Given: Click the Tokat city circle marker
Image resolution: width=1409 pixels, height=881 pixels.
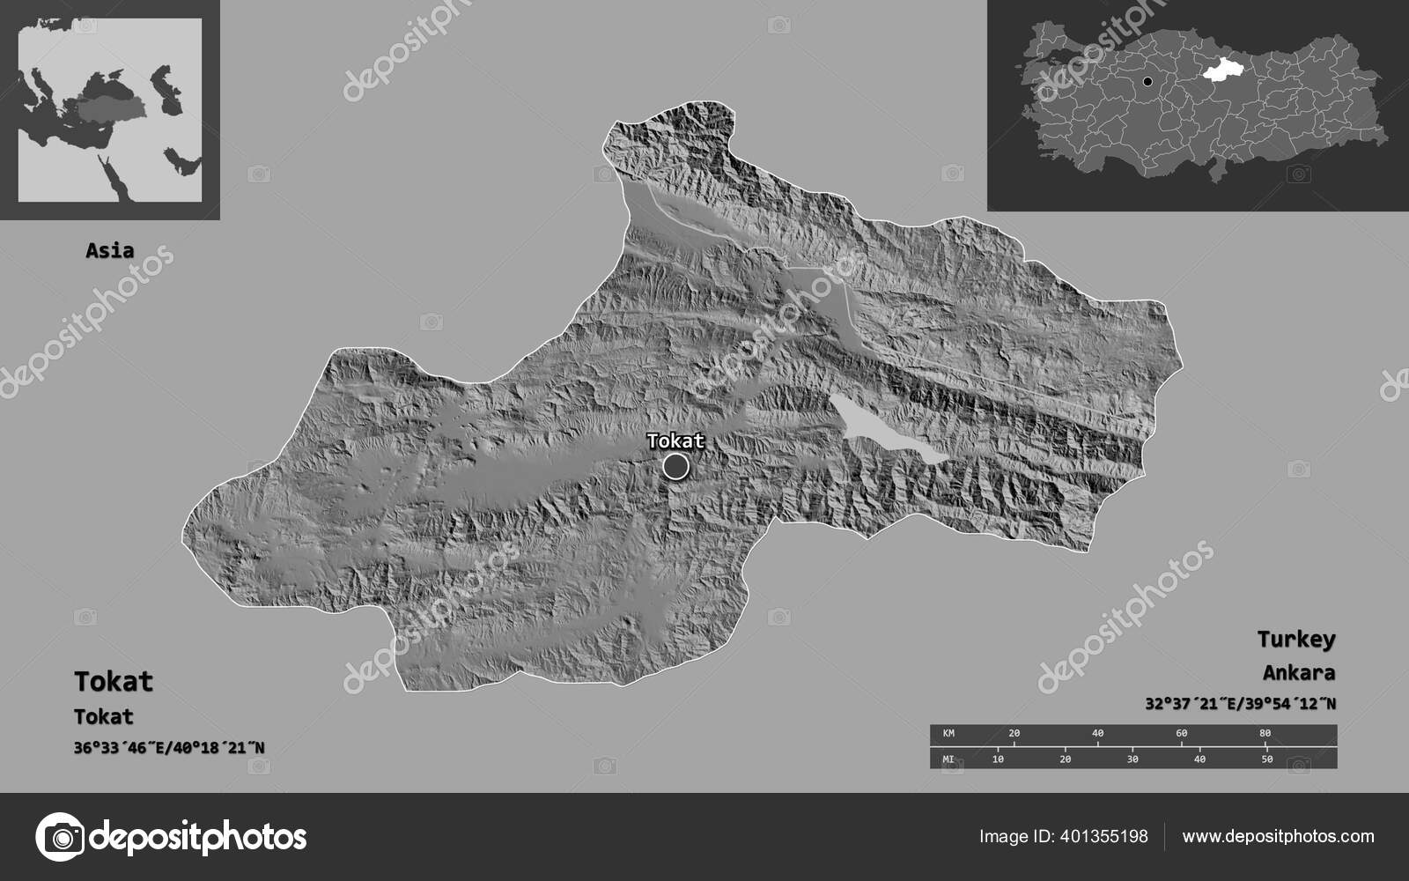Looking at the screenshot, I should (x=675, y=466).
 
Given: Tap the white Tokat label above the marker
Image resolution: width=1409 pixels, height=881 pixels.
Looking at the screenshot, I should (x=675, y=440).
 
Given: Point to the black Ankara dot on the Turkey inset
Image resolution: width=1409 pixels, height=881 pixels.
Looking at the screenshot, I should (x=1147, y=82).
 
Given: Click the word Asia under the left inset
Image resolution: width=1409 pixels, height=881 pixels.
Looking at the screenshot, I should (x=110, y=250).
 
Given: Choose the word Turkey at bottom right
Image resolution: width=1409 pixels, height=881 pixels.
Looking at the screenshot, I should (x=1295, y=639).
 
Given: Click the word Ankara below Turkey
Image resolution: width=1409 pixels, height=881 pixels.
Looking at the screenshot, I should (x=1298, y=673).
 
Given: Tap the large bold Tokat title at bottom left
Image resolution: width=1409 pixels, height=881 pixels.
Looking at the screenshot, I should (x=114, y=681).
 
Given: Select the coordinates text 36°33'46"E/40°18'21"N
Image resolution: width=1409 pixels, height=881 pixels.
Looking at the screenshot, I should (x=169, y=748).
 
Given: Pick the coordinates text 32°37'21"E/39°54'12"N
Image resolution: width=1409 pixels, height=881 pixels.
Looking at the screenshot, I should (x=1240, y=704).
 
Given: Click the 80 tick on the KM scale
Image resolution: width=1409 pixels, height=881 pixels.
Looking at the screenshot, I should (x=1265, y=733).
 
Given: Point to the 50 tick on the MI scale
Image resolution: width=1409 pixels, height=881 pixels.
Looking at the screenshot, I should (x=1266, y=759).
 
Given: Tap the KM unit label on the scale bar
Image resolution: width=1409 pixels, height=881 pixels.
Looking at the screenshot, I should (x=948, y=733).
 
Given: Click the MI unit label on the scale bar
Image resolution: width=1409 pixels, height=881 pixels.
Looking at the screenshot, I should (x=948, y=759).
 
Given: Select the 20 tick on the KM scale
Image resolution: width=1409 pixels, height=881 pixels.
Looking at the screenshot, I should (x=1014, y=733).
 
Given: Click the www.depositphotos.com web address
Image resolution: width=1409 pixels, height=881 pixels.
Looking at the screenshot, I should (x=1278, y=836).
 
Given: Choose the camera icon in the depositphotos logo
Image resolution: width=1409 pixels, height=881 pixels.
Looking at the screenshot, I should (x=60, y=836).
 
